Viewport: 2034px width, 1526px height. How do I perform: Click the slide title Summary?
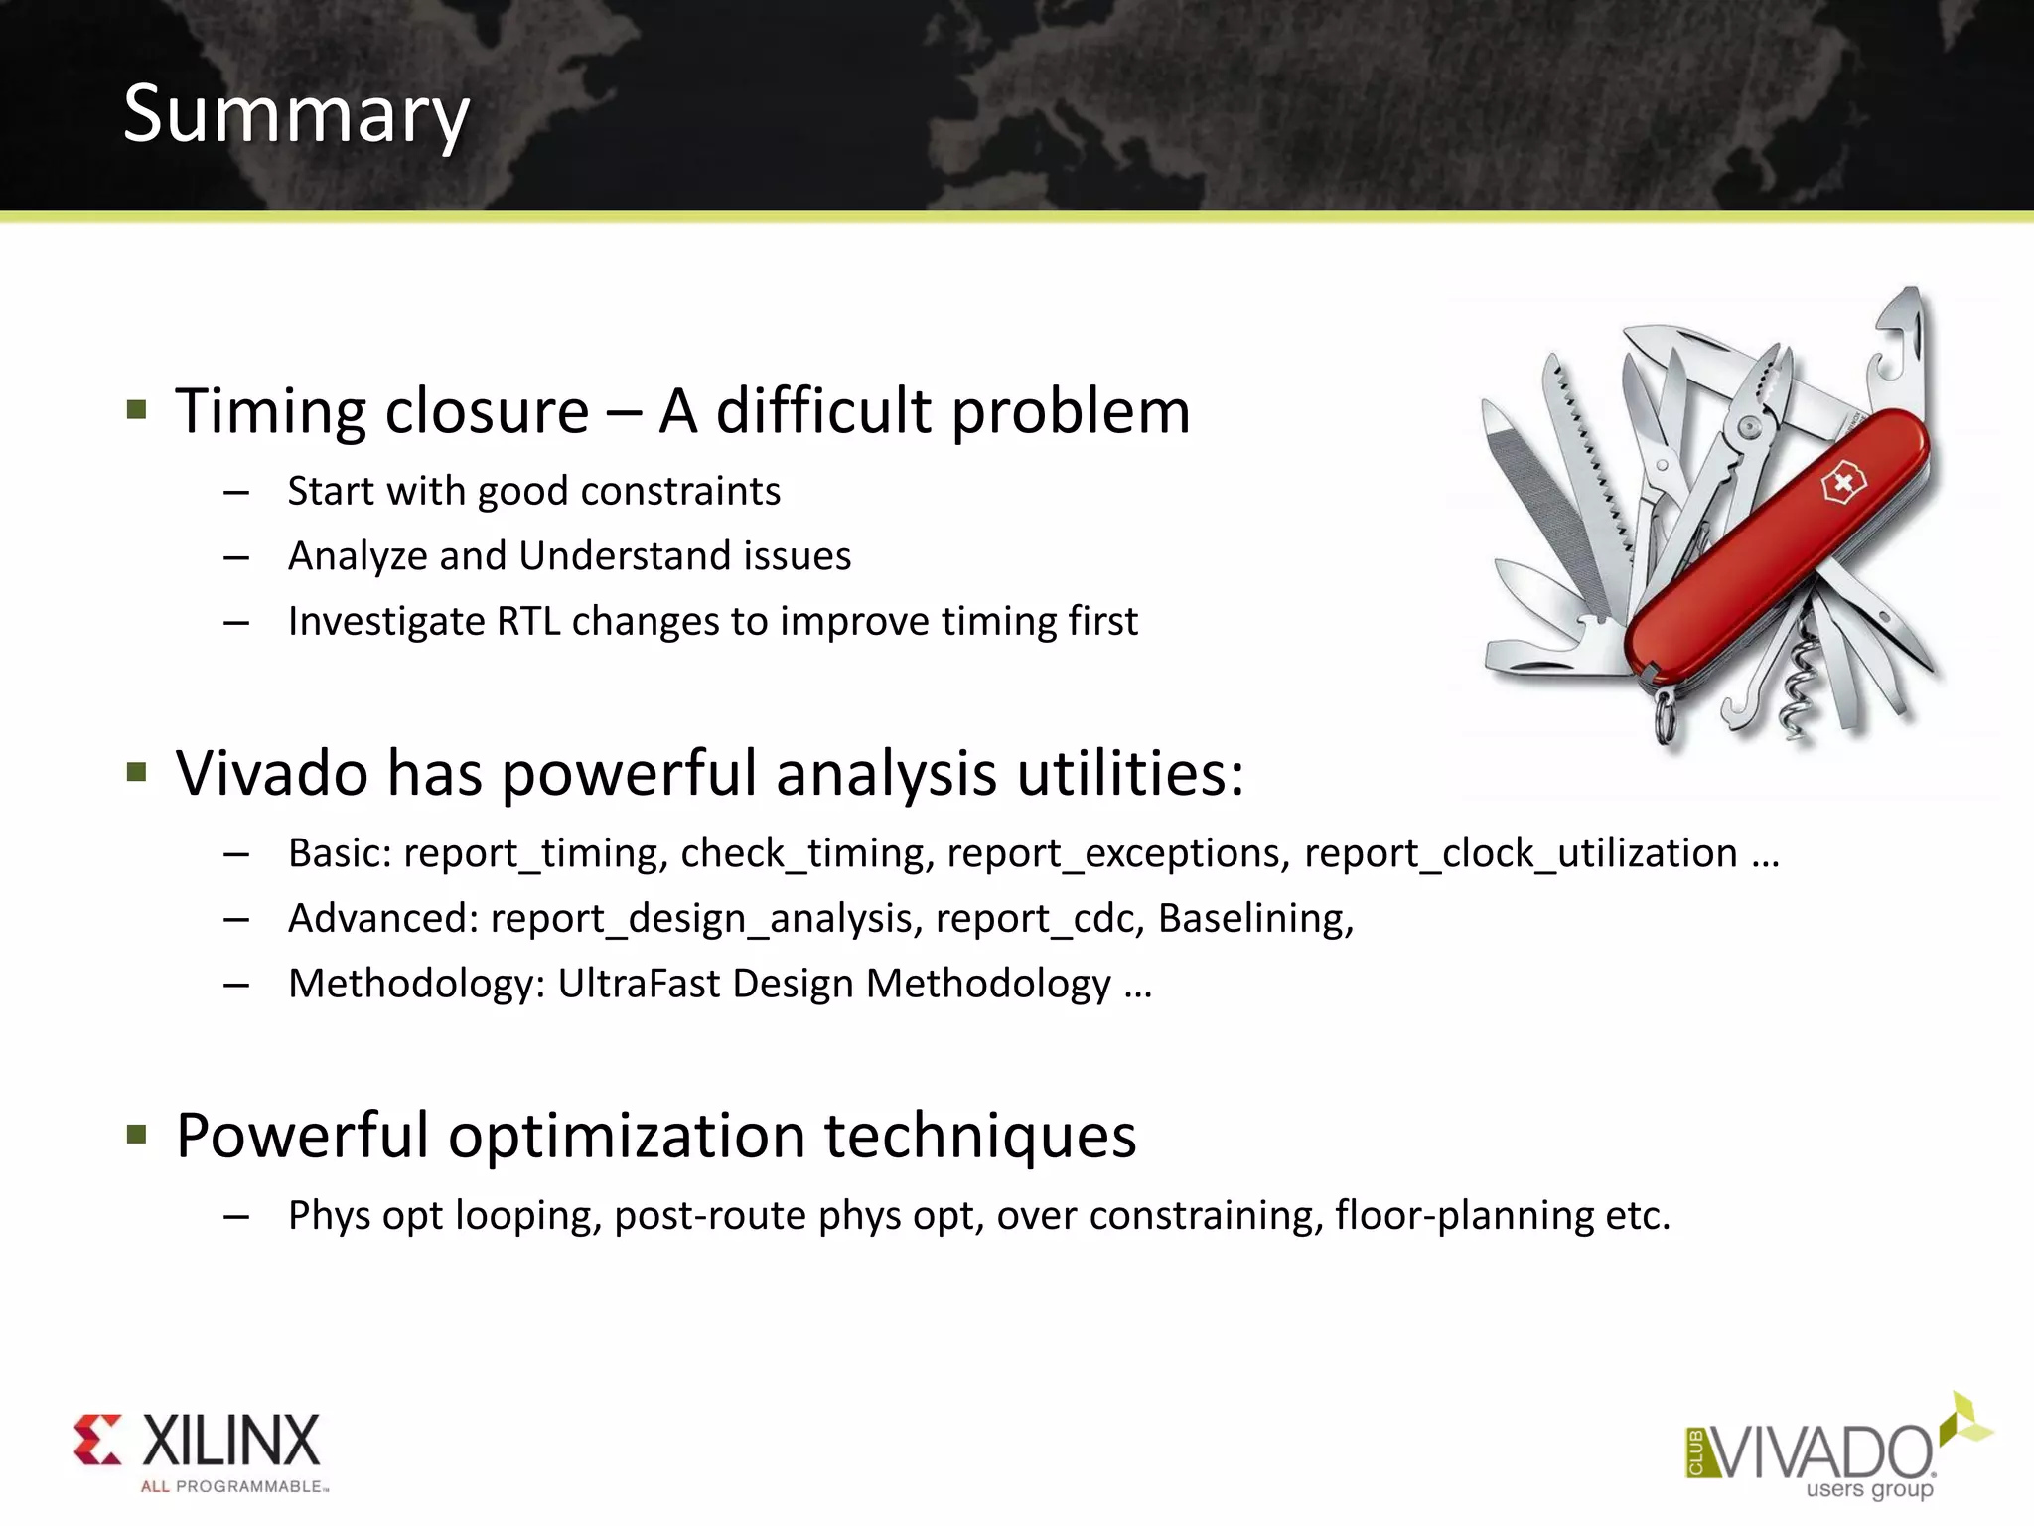point(296,115)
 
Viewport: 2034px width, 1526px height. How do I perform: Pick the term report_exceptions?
point(1118,854)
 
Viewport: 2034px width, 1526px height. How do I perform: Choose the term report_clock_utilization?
point(1521,854)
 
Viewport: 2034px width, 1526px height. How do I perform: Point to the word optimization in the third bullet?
point(627,1136)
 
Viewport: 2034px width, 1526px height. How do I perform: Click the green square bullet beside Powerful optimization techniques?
point(137,1134)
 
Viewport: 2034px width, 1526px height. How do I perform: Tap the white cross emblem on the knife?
point(1843,484)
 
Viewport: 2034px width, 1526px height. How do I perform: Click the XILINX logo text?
point(230,1442)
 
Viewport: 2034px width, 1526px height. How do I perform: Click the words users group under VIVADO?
point(1869,1489)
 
